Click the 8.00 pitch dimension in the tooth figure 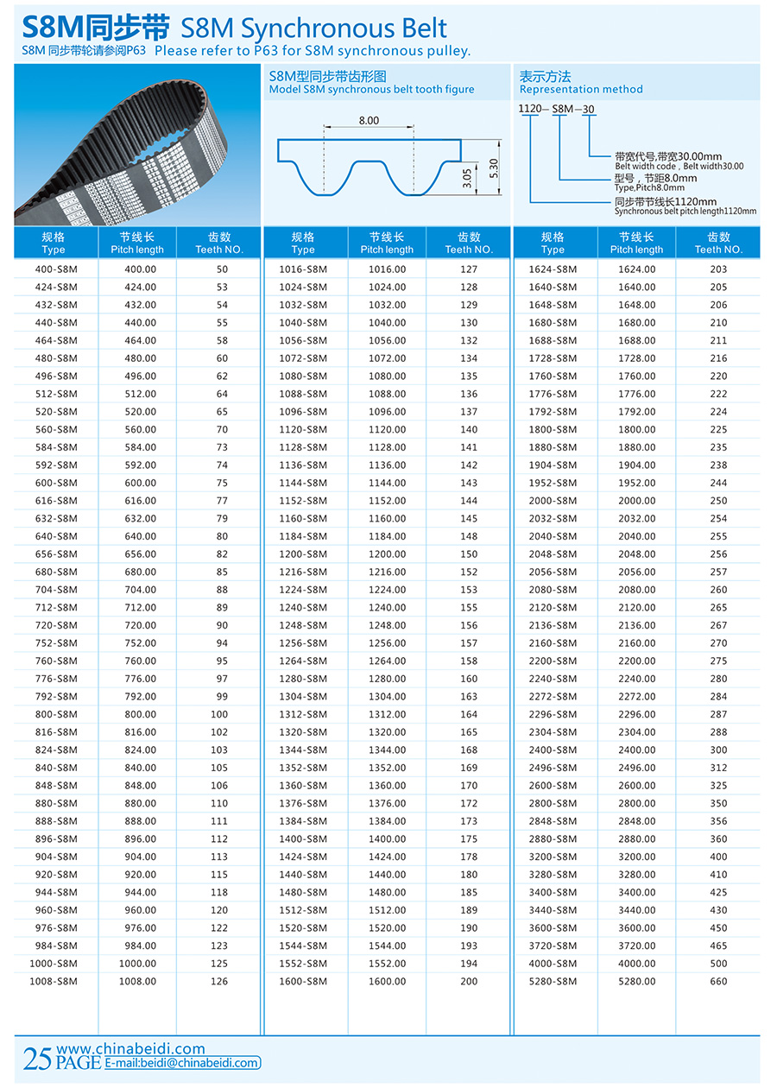[369, 120]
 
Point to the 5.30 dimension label [494, 168]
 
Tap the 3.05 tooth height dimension [467, 179]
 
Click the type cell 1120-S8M [303, 429]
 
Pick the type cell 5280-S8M [553, 981]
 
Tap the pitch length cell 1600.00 [387, 981]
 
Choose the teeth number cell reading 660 [718, 981]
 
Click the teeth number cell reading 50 [222, 269]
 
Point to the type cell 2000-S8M [553, 501]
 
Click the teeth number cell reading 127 [469, 269]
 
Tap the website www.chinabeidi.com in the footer [130, 1049]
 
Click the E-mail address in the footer [182, 1064]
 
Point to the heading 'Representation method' [581, 89]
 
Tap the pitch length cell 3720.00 [637, 946]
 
